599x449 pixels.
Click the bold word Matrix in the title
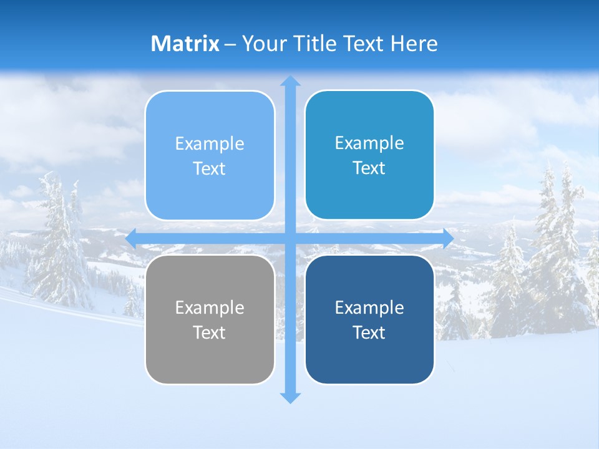(x=185, y=44)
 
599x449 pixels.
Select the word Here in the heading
(x=414, y=44)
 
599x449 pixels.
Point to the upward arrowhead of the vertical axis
(x=290, y=80)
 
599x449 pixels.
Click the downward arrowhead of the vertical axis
(x=290, y=398)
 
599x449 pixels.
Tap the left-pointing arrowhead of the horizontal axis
(x=131, y=238)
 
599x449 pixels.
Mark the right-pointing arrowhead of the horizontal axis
(x=448, y=238)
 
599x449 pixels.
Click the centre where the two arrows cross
(x=290, y=238)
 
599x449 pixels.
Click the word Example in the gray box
(x=210, y=307)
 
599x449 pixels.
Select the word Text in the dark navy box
(x=369, y=332)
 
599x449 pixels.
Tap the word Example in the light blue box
(x=210, y=143)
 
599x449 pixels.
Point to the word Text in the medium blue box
(x=369, y=168)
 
